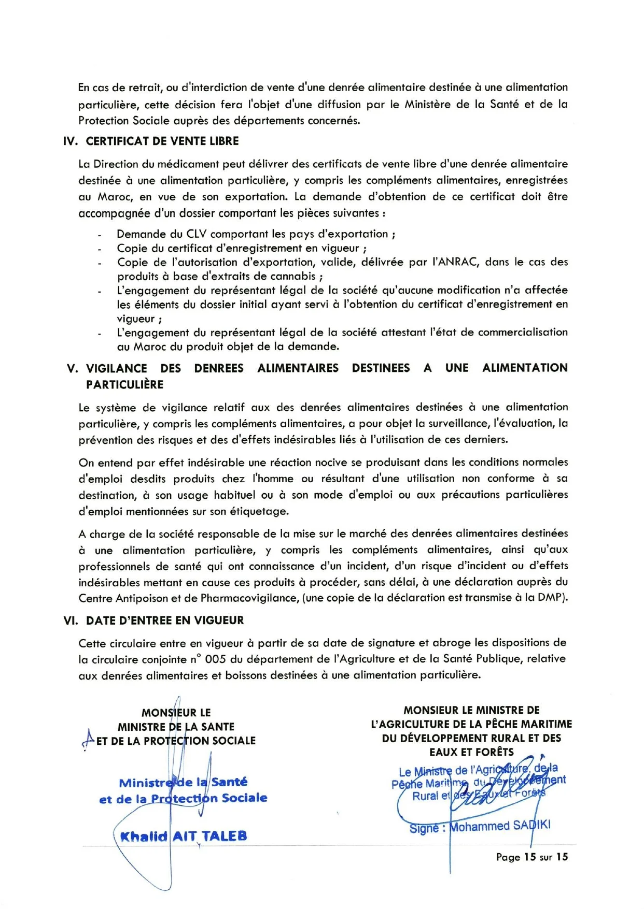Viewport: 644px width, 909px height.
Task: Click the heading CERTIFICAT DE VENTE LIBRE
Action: tap(162, 141)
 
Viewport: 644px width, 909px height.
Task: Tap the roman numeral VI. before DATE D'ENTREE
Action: tap(71, 620)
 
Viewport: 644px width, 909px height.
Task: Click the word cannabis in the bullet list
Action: tap(291, 276)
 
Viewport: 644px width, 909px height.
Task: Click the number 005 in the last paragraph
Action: tap(215, 659)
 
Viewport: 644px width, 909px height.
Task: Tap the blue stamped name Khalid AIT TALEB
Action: tap(183, 836)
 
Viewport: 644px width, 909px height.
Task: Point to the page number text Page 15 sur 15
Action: tap(532, 857)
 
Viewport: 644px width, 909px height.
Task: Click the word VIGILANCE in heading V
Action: tap(116, 368)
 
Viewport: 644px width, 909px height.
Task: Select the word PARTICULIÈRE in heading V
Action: tap(124, 384)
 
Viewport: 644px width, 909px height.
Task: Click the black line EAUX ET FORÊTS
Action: tap(471, 752)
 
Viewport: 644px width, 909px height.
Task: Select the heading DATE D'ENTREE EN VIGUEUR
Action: tap(165, 620)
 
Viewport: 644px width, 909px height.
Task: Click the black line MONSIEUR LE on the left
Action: tap(176, 713)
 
